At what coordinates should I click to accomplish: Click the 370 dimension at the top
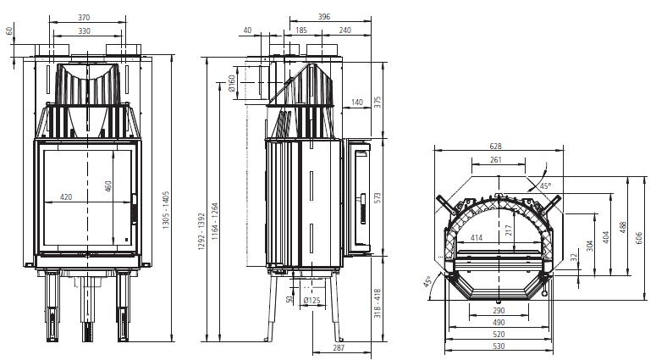84,18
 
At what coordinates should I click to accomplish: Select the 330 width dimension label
84,31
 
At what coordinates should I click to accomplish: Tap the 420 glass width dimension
66,197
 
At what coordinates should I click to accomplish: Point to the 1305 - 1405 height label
166,210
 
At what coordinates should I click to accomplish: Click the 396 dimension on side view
324,17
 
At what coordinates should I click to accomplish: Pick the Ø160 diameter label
232,84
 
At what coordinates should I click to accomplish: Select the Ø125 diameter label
311,300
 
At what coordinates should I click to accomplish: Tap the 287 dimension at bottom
339,347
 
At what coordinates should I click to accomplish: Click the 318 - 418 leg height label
378,303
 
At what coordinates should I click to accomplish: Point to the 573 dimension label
378,198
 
